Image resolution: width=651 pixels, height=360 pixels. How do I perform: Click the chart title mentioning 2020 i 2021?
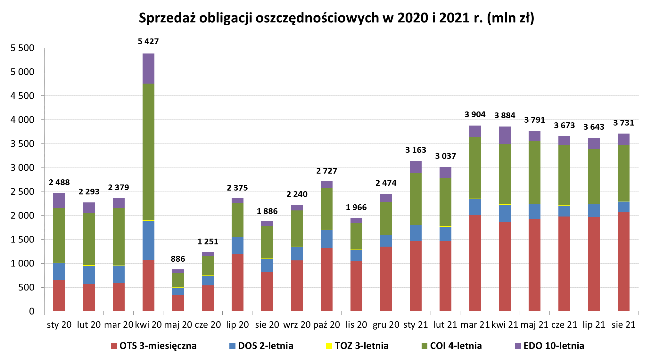336,18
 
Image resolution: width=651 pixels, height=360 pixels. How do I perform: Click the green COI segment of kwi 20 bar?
148,152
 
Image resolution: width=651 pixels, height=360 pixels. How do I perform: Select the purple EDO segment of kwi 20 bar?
148,69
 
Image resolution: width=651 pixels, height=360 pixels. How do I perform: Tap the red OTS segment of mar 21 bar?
475,263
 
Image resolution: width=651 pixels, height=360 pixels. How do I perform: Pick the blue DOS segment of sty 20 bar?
59,271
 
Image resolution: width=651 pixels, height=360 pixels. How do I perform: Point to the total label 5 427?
148,41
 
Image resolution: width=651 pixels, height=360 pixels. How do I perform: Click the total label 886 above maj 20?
178,259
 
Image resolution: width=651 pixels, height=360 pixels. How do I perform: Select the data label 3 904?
475,114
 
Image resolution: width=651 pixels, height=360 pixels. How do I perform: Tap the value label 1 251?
208,241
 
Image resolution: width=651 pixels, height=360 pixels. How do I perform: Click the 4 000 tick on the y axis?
22,120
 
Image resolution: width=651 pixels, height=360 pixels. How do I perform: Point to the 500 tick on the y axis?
26,287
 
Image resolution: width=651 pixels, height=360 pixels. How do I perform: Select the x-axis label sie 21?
623,324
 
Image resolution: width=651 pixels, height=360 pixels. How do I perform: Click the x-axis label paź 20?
326,324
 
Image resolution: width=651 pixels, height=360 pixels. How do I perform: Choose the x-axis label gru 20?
386,324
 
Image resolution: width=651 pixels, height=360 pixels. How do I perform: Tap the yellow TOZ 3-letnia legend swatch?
329,346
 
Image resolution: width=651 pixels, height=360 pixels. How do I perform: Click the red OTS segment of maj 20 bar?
178,303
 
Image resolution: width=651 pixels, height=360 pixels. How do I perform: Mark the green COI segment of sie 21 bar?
623,173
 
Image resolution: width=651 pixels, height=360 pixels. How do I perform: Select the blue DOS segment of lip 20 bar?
237,246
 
